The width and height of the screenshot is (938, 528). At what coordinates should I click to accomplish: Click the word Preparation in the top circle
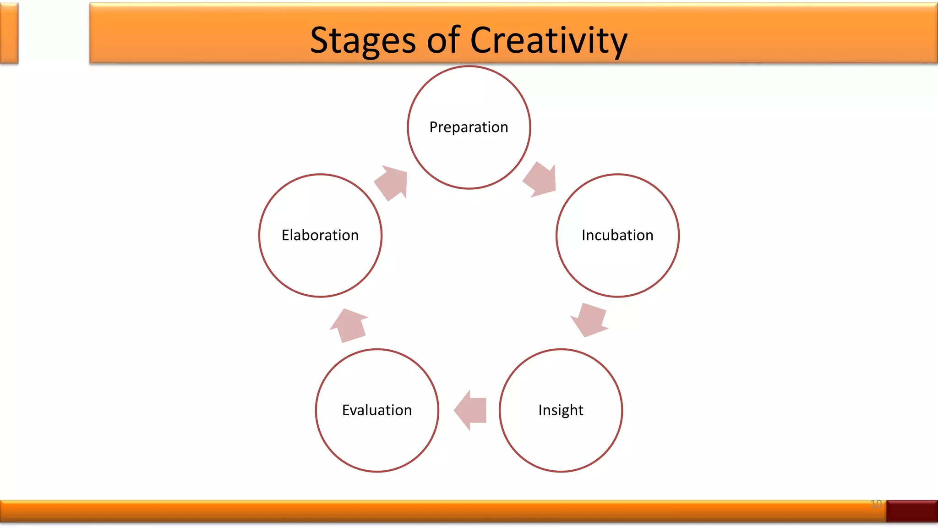(469, 127)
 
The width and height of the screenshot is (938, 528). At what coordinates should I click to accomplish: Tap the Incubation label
(617, 235)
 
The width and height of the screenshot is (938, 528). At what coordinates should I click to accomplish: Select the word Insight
(561, 410)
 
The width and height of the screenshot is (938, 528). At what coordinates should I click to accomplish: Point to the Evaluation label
(377, 410)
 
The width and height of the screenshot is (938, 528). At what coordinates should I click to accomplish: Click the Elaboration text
(320, 235)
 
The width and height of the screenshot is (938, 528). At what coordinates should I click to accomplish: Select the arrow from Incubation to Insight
(590, 320)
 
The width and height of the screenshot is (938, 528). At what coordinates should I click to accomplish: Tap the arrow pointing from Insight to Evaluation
(471, 410)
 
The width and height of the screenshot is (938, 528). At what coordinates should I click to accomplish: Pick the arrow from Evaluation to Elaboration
(350, 325)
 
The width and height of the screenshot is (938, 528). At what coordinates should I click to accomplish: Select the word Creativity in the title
(548, 40)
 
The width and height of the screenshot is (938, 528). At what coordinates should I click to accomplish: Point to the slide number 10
(876, 504)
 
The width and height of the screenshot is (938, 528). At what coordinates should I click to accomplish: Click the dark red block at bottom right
(911, 511)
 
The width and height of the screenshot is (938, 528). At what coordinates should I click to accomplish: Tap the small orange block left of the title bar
(9, 33)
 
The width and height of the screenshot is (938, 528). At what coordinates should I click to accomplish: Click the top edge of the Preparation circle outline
(469, 66)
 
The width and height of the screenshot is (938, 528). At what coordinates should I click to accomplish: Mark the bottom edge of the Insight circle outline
(561, 471)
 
